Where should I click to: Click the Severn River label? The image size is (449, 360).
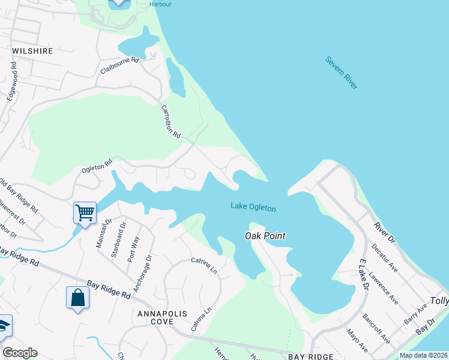342,73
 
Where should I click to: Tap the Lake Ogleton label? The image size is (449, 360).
253,208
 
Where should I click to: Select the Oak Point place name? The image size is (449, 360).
265,236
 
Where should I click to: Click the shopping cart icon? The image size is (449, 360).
85,212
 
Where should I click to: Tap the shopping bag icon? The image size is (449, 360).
78,298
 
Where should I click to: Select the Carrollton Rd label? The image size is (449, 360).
171,122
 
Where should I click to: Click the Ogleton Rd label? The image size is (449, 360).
97,166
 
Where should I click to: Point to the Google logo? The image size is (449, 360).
20,353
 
